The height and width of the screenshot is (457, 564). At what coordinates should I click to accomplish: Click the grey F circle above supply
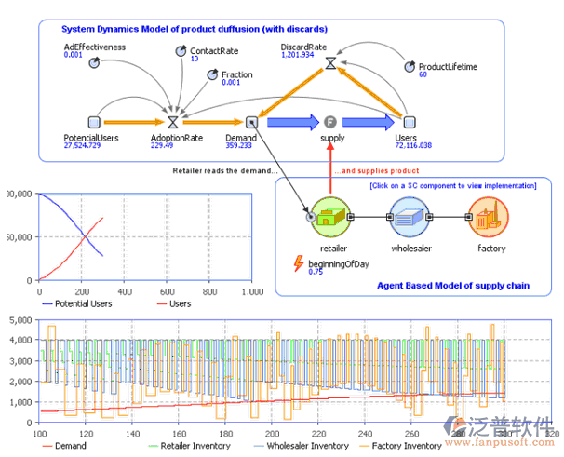[329, 121]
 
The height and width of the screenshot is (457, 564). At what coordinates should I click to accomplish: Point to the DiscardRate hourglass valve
[330, 64]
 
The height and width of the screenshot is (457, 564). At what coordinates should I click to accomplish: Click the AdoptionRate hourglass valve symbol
[172, 121]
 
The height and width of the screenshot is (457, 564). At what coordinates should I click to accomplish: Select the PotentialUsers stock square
[92, 121]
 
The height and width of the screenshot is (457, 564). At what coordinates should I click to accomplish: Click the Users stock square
[409, 121]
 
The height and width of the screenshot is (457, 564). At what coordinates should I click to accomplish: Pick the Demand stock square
[251, 121]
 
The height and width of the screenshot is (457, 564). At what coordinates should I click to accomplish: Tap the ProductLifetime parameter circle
[410, 66]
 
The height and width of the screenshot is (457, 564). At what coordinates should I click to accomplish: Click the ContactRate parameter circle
[181, 51]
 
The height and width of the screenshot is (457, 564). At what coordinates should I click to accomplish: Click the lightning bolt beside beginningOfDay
[298, 263]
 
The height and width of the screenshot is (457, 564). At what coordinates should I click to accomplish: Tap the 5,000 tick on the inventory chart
[18, 320]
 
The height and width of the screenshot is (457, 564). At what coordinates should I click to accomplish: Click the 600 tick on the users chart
[166, 291]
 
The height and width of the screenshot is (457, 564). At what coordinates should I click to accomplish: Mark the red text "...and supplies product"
[375, 171]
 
